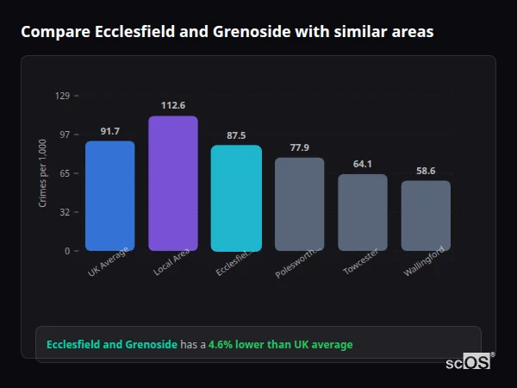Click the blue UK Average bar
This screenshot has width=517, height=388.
pos(109,196)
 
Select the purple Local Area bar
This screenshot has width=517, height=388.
pos(172,184)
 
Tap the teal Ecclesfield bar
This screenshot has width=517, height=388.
pos(236,198)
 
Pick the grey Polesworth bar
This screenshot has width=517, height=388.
pos(299,204)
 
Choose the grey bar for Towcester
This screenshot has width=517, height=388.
pos(363,212)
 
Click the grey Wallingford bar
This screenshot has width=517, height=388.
pos(426,216)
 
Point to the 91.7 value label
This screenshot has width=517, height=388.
pos(109,131)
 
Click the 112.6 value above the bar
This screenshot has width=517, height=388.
pos(172,105)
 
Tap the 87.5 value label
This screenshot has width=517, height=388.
pos(236,135)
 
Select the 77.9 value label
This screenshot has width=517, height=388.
pos(299,147)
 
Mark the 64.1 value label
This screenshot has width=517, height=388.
pos(363,164)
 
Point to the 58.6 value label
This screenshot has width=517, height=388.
pos(426,171)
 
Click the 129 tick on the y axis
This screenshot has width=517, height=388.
pos(62,96)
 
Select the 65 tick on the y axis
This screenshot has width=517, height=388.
pos(64,173)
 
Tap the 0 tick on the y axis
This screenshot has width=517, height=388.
pos(66,251)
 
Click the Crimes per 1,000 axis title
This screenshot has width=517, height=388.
pos(43,173)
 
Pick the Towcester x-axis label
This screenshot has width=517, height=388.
pos(360,267)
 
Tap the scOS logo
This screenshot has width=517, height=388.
pos(469,362)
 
